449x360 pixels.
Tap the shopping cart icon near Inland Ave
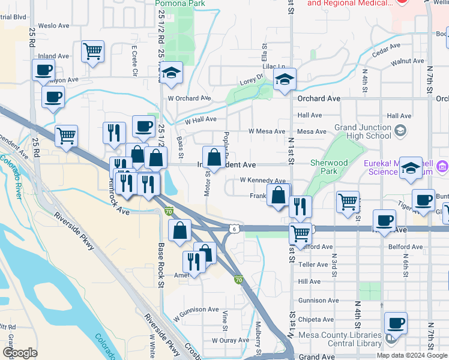click(92, 51)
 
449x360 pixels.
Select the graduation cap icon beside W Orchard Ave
click(172, 73)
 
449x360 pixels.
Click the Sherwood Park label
click(329, 167)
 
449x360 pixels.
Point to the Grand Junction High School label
click(363, 131)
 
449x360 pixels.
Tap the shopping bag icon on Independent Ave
click(214, 158)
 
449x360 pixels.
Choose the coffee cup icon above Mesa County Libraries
click(396, 323)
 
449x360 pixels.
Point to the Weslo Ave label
click(51, 26)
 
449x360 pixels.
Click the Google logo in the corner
click(20, 353)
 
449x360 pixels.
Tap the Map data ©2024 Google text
click(412, 355)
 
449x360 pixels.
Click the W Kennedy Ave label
click(262, 180)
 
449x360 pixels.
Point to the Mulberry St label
click(259, 338)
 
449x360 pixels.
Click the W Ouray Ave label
click(230, 340)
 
